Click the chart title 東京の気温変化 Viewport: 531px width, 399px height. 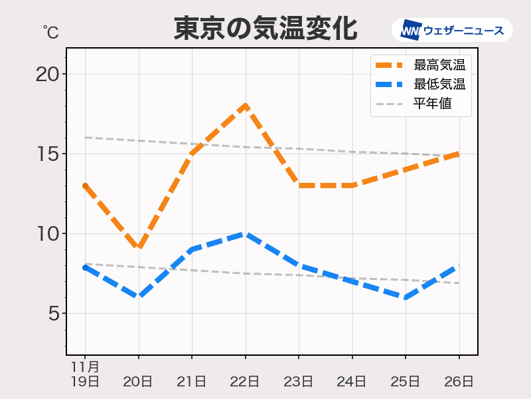coord(265,29)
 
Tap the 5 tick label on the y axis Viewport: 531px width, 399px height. coord(53,313)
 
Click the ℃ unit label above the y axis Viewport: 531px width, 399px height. coord(50,31)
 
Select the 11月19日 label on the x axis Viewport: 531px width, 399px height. coord(85,374)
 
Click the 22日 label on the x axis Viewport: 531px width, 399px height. coord(246,381)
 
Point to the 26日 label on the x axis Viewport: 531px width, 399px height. coord(459,381)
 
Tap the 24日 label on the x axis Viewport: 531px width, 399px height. coord(352,381)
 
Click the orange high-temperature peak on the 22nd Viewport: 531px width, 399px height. coord(246,106)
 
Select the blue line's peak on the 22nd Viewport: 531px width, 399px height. coord(246,233)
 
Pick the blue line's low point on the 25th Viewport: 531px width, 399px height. coord(405,297)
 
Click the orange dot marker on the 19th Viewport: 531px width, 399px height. coord(85,186)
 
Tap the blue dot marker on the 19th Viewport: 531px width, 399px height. coord(85,267)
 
